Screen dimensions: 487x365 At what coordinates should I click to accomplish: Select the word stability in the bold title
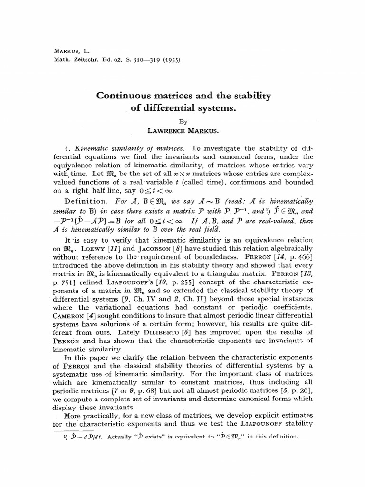(250, 96)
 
